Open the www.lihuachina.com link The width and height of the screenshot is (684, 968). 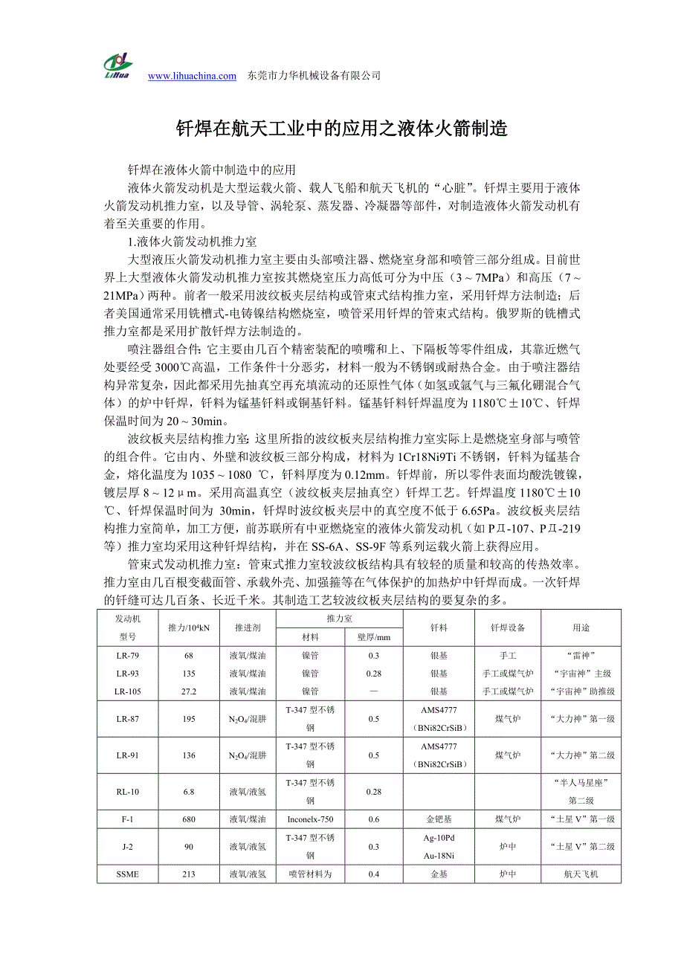[192, 76]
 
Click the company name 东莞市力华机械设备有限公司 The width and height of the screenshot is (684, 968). [314, 76]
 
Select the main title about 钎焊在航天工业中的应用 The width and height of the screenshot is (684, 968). [341, 129]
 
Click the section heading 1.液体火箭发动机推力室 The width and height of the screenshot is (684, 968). [192, 242]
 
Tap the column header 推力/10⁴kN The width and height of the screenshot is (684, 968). [189, 627]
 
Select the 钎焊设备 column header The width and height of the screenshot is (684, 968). [508, 627]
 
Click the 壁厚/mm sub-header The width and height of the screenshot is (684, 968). [373, 637]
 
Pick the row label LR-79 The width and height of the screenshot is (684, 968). [127, 656]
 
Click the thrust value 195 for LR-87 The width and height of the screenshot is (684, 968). [189, 719]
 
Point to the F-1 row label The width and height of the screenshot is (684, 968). [127, 819]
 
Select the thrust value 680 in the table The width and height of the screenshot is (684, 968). [189, 819]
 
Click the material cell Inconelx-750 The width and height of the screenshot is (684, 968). [310, 819]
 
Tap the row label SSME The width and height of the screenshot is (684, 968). [127, 874]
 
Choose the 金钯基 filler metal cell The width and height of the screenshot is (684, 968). [439, 819]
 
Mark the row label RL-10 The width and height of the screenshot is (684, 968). [127, 792]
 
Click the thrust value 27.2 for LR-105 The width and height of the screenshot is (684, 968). [189, 691]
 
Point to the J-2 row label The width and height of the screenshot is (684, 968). [127, 847]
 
